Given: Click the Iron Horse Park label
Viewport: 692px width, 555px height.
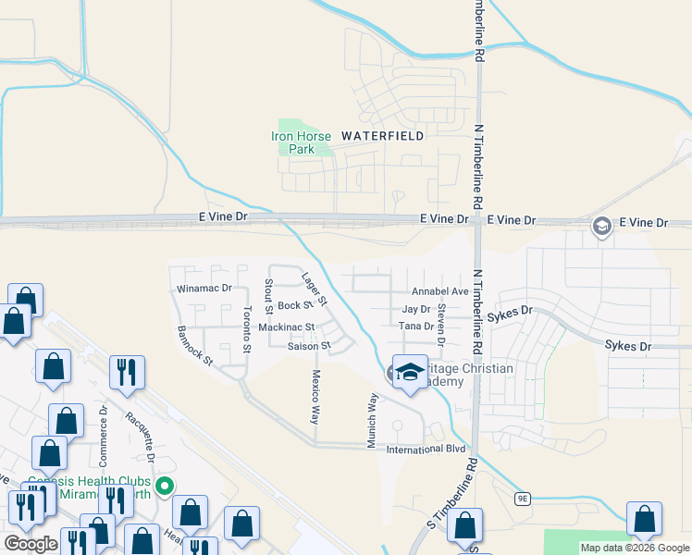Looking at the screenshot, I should coord(294,142).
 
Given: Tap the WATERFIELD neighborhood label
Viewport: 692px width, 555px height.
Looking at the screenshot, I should coord(382,135).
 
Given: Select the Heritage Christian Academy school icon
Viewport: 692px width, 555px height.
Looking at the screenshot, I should coord(408,372).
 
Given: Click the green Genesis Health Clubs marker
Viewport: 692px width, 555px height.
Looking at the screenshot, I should coord(165,485).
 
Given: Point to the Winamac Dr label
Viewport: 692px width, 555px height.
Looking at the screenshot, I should coord(203,289).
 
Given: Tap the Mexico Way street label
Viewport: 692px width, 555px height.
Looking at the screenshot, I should coord(315,398).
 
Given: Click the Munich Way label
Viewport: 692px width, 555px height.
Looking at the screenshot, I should coord(373,421).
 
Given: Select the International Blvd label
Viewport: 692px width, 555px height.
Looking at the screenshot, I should coord(425,450).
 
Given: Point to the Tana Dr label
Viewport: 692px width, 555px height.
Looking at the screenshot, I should coord(415,326).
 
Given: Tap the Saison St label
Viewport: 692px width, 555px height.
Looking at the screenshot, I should coord(308,346).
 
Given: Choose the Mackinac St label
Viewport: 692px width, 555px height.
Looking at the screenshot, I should coord(287,327).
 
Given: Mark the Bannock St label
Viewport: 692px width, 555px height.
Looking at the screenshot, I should coord(195,344).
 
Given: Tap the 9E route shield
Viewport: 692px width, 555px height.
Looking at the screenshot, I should coord(523,499).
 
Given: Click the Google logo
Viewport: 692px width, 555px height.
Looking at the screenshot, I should coord(31,543).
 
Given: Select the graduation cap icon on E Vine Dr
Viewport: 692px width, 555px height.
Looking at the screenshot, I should coord(601,227).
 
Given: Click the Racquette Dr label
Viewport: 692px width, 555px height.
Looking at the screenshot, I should coord(140,438).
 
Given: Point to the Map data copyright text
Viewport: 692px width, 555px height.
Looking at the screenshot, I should coord(634,548).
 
